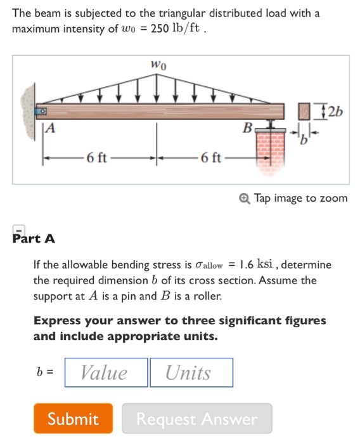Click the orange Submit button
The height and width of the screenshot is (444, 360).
click(74, 419)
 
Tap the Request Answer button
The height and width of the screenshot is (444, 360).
click(197, 419)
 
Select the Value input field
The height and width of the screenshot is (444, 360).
click(105, 372)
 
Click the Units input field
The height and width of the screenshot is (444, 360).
click(190, 372)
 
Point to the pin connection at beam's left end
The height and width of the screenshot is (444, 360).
click(41, 111)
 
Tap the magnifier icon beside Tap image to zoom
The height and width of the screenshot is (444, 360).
click(245, 199)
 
